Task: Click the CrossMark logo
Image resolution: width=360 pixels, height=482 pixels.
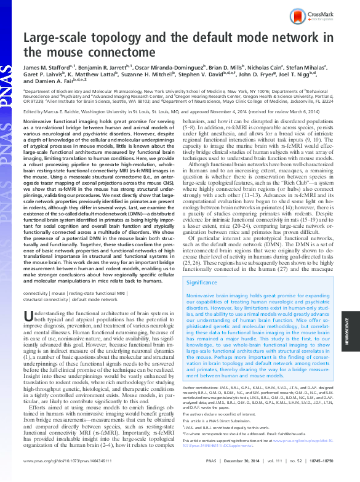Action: [x=316, y=16]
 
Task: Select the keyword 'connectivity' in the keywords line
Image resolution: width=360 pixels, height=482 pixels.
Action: [x=35, y=294]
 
